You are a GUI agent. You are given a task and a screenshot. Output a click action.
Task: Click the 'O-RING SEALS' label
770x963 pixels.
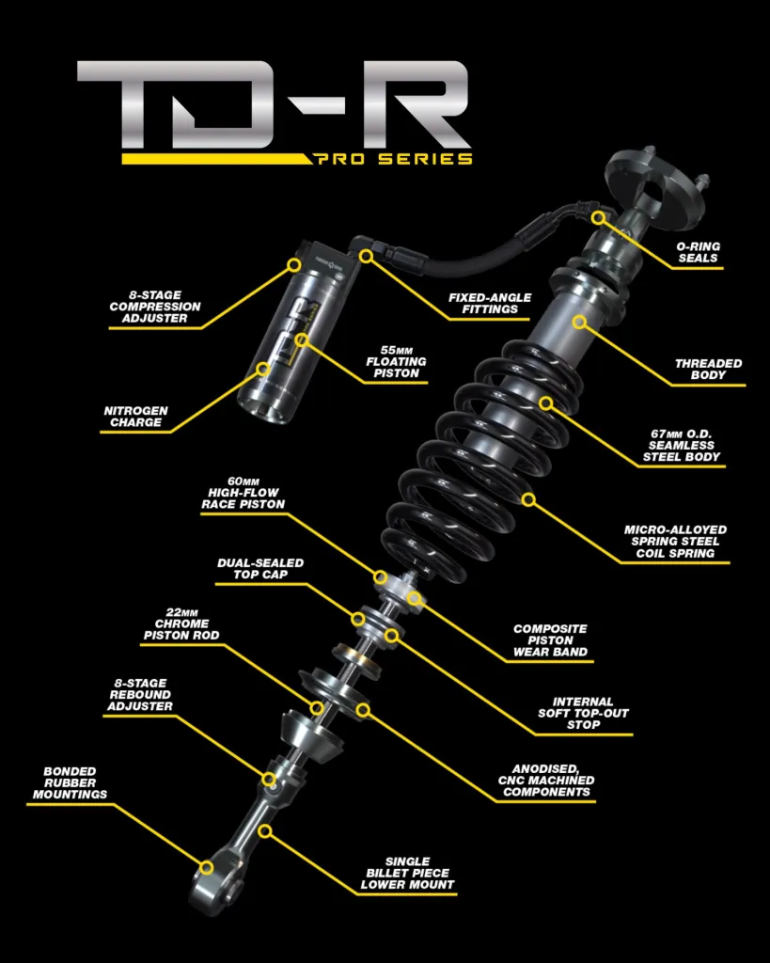click(699, 252)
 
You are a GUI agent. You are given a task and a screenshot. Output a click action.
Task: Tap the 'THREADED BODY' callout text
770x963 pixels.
click(708, 369)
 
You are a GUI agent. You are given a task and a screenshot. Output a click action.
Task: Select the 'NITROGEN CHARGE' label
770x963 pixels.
click(135, 417)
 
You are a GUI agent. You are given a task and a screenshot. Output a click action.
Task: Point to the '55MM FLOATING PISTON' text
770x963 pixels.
click(396, 362)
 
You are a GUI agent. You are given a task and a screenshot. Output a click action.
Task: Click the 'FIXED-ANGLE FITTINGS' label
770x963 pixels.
click(490, 304)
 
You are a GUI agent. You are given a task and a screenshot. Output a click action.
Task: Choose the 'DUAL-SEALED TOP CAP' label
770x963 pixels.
click(260, 569)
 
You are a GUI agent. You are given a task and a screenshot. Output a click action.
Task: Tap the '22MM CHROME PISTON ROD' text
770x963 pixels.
click(181, 624)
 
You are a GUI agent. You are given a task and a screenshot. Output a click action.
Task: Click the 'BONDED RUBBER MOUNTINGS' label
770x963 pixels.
click(70, 783)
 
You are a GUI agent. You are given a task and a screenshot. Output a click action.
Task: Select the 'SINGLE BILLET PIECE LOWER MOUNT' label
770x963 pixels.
click(408, 874)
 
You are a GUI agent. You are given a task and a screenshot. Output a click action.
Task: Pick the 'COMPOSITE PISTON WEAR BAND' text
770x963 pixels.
click(550, 640)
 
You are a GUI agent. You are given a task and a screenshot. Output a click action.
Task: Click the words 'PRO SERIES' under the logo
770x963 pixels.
click(394, 159)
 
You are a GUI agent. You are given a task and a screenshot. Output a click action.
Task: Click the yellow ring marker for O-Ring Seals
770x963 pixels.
click(599, 217)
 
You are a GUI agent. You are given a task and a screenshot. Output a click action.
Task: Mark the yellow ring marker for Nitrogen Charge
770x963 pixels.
click(263, 369)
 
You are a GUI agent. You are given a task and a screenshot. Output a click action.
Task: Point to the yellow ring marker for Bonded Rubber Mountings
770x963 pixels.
click(207, 867)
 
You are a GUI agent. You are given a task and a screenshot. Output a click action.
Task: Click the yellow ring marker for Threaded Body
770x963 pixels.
click(580, 322)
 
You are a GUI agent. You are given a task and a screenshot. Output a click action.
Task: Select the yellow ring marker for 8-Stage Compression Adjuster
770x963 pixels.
click(294, 264)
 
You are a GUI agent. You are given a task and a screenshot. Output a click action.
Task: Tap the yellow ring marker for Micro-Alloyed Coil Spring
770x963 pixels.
click(528, 500)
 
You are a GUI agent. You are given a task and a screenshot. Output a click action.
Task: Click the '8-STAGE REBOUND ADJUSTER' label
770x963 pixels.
click(140, 695)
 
